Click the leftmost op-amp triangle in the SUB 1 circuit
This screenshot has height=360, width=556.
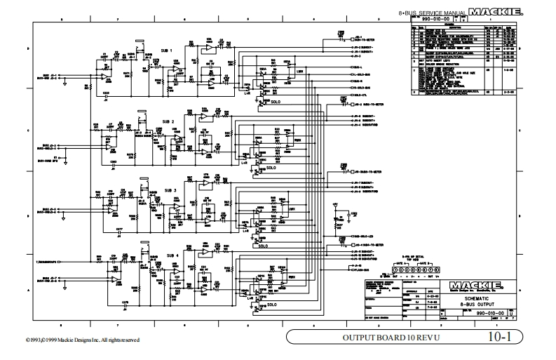click(x=103, y=75)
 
